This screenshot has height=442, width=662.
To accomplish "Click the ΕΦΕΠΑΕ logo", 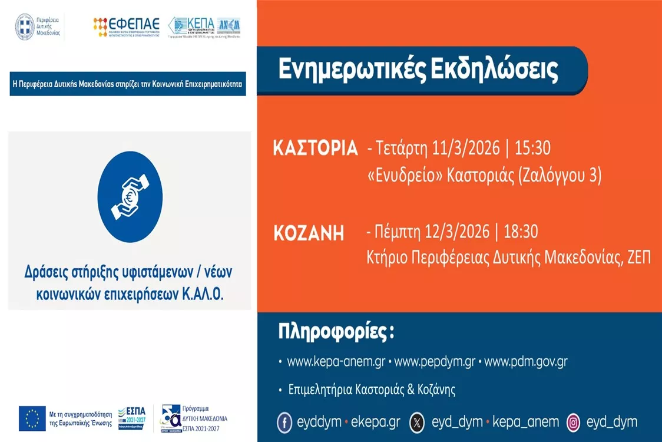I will click(126, 26).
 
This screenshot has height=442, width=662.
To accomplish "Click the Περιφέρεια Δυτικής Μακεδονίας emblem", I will click(25, 27).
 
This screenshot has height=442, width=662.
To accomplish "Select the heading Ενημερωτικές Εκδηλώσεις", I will click(418, 70).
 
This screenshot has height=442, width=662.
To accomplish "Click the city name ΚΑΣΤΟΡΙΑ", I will click(315, 148).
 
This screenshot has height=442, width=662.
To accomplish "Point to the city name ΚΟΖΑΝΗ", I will click(309, 233).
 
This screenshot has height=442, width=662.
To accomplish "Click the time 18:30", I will click(519, 232).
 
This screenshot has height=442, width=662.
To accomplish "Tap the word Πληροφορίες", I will click(333, 332).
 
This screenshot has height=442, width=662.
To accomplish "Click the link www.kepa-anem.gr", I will click(336, 362).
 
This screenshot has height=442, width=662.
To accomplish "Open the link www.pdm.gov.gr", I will click(526, 362).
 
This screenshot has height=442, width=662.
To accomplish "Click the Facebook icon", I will click(284, 422).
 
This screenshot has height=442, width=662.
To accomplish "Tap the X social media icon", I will click(417, 422).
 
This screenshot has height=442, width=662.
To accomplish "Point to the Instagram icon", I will click(573, 422).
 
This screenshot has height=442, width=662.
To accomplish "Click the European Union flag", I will click(32, 418).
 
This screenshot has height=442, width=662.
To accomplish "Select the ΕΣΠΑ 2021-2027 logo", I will click(131, 418).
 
